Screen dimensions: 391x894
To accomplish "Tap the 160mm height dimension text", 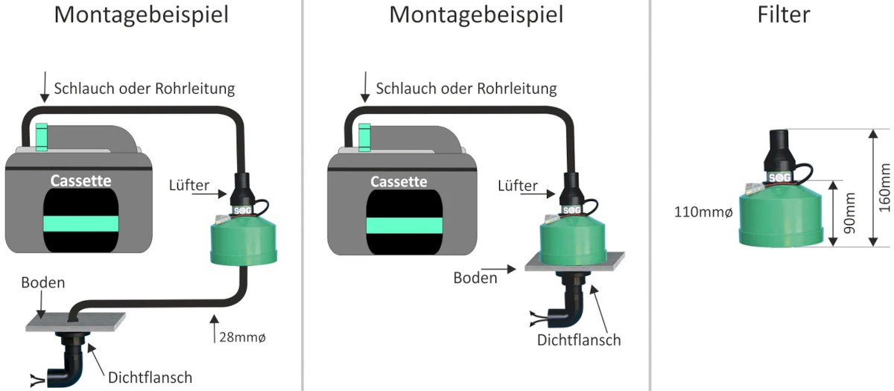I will coord(884,187).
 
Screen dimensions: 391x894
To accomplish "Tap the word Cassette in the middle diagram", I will coord(399,182).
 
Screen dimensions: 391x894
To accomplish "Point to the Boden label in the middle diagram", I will coord(475,278).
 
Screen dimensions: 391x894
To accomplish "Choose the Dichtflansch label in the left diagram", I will coord(148,377).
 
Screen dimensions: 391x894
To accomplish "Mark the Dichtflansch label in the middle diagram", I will coord(579,340).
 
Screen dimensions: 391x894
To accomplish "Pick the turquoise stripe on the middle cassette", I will coord(399,225).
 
